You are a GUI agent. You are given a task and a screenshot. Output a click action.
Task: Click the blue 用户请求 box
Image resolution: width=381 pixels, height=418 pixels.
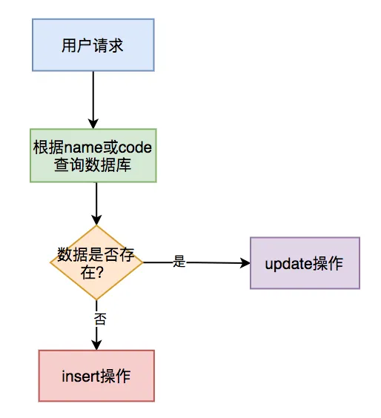coord(93,45)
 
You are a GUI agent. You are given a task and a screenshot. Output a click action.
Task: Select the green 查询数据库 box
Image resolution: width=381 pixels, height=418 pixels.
coord(93,156)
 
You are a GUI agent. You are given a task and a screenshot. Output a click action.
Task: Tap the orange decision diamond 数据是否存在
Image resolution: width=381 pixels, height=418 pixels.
coord(96,262)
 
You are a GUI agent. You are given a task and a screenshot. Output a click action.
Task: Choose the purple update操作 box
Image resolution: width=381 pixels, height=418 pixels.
coord(305,263)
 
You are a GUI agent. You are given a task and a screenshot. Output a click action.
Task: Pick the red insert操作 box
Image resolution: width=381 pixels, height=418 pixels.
coord(96,376)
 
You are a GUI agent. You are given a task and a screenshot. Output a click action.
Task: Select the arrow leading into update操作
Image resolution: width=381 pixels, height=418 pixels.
coord(215,262)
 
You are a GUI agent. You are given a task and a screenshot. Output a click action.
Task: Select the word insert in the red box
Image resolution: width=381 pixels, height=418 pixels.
coord(80,376)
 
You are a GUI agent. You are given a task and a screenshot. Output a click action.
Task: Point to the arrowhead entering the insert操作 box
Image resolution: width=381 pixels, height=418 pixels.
coord(96,345)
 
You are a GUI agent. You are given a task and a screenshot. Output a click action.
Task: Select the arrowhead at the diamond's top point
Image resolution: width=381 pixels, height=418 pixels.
coord(96,220)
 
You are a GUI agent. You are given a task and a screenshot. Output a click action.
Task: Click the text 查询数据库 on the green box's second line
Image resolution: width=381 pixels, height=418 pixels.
coord(93,165)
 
